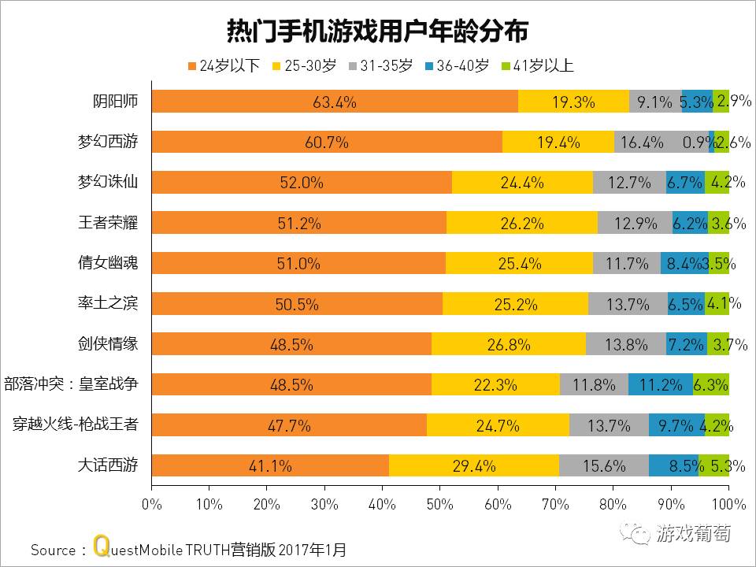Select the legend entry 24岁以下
[x=224, y=66]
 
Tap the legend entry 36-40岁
[x=457, y=66]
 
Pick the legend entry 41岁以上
[x=537, y=66]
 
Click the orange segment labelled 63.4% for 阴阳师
[x=335, y=102]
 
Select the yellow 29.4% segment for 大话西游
[x=474, y=465]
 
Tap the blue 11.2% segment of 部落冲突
[x=661, y=385]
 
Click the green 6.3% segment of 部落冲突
[x=711, y=385]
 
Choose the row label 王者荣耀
[x=113, y=223]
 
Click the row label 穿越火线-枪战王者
[x=76, y=425]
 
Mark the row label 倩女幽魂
[x=113, y=263]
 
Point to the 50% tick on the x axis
[x=440, y=503]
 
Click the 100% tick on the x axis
[x=728, y=503]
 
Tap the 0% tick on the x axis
[x=151, y=503]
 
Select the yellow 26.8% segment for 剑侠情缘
[x=509, y=344]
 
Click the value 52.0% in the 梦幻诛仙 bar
[x=302, y=183]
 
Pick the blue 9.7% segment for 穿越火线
[x=676, y=425]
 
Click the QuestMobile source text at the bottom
[x=189, y=548]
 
